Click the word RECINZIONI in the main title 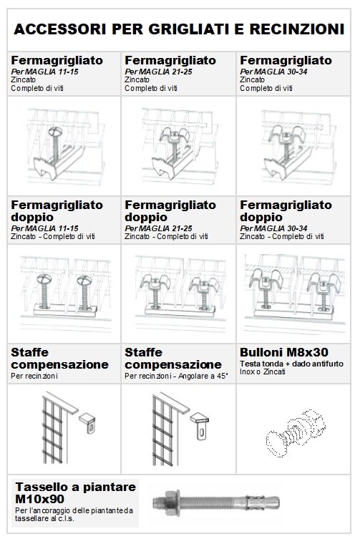tap(297, 29)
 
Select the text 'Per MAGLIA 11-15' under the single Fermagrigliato tap(44, 72)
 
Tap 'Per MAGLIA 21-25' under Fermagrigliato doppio tap(158, 228)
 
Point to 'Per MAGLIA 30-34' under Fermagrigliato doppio tap(273, 228)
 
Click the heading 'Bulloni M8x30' tap(284, 352)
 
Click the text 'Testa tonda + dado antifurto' tap(291, 364)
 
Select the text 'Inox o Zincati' tap(263, 372)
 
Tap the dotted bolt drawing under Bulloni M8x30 tap(296, 432)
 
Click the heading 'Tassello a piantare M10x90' tap(75, 493)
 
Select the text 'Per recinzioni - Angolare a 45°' tap(177, 376)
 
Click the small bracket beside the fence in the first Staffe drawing tap(88, 422)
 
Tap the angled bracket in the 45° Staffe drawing tap(200, 426)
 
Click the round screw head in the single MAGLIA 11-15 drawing tap(55, 132)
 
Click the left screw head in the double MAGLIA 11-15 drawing tap(44, 278)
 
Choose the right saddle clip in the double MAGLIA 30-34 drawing tap(323, 282)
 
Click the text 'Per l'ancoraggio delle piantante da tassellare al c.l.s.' tap(74, 515)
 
